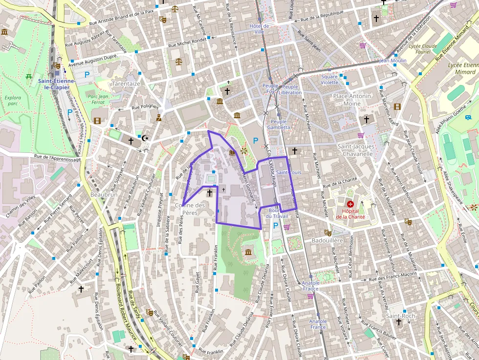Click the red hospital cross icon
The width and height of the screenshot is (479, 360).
click(350, 204)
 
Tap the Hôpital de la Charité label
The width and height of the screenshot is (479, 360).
click(350, 214)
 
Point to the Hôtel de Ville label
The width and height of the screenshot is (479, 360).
click(259, 29)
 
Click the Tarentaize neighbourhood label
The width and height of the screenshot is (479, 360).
click(126, 84)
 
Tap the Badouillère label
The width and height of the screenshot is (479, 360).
click(327, 240)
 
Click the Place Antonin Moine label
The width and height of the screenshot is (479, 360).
click(352, 100)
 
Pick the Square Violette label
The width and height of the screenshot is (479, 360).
click(329, 80)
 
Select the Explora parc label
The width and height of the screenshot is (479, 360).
click(13, 101)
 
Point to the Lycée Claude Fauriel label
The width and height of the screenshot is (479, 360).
click(423, 49)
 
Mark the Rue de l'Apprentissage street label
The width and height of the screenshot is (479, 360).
click(58, 158)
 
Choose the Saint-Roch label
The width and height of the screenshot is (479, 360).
click(400, 316)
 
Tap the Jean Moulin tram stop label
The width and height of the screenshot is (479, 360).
click(393, 61)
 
